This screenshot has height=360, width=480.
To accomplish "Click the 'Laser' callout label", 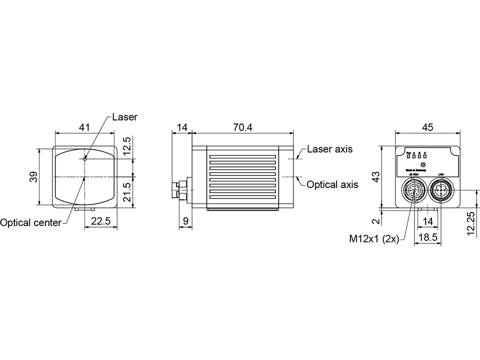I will pos(124,117).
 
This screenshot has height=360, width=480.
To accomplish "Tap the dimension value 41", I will pos(84,127).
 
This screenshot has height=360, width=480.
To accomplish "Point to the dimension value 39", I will pos(33,177).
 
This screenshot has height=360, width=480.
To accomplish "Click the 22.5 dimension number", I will pos(100,221).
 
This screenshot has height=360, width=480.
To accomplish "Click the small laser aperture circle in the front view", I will pos(85,158).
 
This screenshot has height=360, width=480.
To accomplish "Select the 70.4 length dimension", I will pos(242,127).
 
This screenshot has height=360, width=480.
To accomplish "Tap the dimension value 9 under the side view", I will pos(185,220).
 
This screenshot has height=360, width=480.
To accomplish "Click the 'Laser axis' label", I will pos(329,149).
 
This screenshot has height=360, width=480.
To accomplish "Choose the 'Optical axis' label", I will pos(332,184).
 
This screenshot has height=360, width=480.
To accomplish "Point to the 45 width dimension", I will pos(427,127).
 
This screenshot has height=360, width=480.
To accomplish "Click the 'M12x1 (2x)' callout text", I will pos(373,238).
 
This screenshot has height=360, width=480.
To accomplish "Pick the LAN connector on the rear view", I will pos(441,191).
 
